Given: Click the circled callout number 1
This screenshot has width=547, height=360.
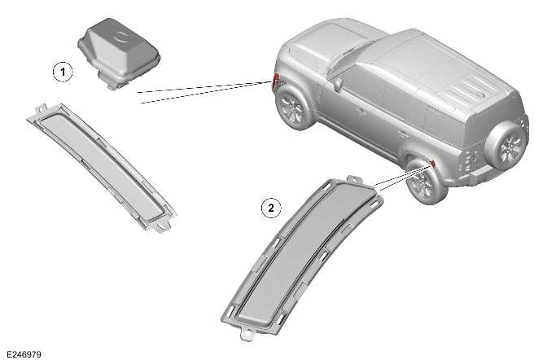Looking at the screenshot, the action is point(63,72).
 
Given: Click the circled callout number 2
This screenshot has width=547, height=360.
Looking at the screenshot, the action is point(271,209).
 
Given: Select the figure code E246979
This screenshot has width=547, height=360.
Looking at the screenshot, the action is point(24,354).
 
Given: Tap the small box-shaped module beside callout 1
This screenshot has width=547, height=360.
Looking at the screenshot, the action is point(119,52).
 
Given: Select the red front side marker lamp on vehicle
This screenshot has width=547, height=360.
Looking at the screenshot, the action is point(276,81).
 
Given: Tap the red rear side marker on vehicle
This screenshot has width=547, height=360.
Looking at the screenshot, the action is point(432,163).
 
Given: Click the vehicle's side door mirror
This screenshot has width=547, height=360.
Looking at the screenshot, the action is point(338,84).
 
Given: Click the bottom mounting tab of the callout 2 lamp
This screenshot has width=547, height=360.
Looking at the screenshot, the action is point(247,334).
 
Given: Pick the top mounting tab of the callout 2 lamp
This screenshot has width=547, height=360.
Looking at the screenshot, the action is point(354,179).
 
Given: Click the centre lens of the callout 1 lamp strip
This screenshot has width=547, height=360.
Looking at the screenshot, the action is point(101,167).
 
